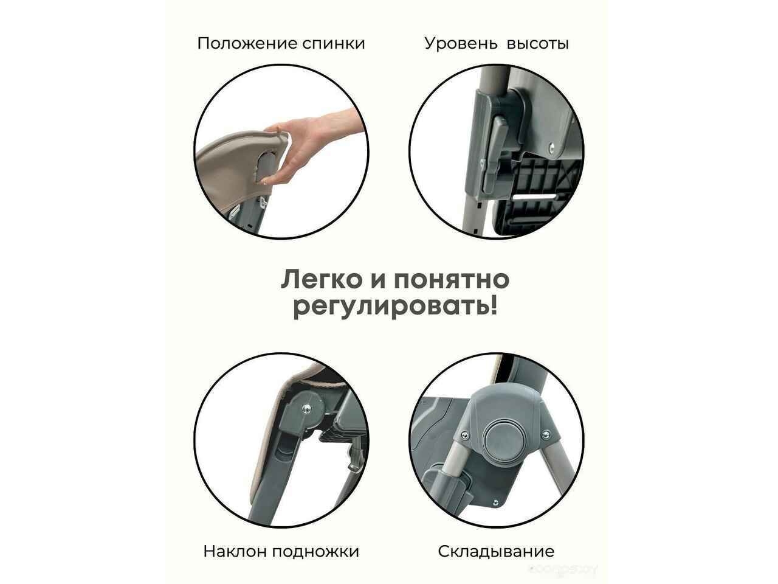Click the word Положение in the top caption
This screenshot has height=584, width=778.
tap(247, 44)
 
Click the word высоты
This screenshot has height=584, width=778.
tap(538, 44)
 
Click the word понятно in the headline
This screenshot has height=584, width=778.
tap(452, 280)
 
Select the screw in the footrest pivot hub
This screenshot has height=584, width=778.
tap(305, 409)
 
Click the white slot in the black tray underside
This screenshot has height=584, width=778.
tap(532, 196)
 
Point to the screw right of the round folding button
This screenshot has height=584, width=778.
tap(546, 433)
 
